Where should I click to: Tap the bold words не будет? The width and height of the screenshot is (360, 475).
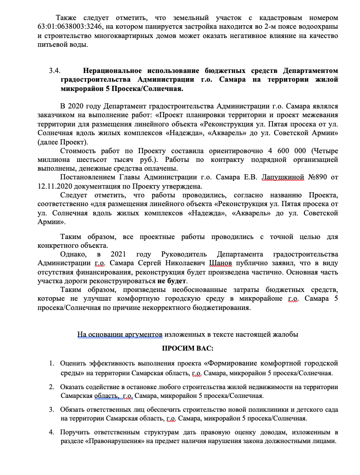tap(173, 281)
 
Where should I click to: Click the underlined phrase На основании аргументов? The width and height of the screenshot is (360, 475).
tap(120, 334)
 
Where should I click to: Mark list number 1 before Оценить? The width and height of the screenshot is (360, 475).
tap(51, 363)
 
